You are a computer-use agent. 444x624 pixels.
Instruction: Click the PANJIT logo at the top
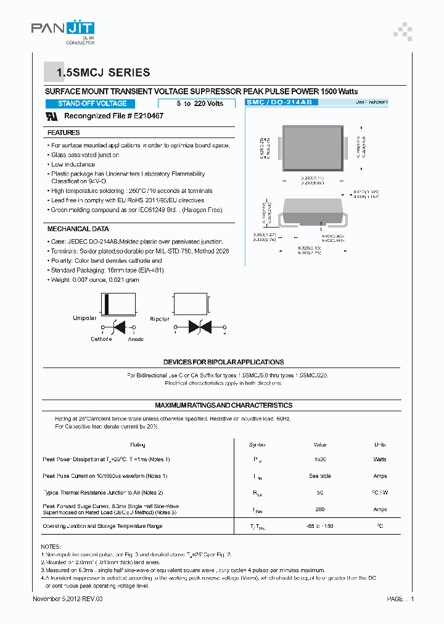(x=62, y=28)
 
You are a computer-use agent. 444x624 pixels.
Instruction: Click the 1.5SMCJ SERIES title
(x=103, y=73)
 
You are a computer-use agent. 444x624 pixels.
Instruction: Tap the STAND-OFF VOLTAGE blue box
(x=92, y=104)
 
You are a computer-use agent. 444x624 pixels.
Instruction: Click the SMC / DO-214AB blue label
(x=281, y=102)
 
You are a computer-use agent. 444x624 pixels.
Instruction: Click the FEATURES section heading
(x=64, y=133)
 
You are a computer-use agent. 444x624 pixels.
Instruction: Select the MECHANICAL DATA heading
(x=78, y=229)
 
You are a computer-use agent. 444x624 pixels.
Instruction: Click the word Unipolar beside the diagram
(x=84, y=319)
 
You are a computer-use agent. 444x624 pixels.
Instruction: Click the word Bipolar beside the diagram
(x=160, y=319)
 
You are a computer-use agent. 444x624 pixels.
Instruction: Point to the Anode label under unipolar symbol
(x=136, y=339)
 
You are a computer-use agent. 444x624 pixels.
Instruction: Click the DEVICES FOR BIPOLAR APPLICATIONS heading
(x=223, y=362)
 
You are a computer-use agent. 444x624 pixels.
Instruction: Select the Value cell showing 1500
(x=320, y=459)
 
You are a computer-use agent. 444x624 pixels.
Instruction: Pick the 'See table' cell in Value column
(x=320, y=476)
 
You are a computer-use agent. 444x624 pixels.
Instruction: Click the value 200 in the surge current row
(x=320, y=509)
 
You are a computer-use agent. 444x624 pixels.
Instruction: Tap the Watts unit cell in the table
(x=380, y=459)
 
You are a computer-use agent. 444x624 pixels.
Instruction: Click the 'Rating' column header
(x=138, y=445)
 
